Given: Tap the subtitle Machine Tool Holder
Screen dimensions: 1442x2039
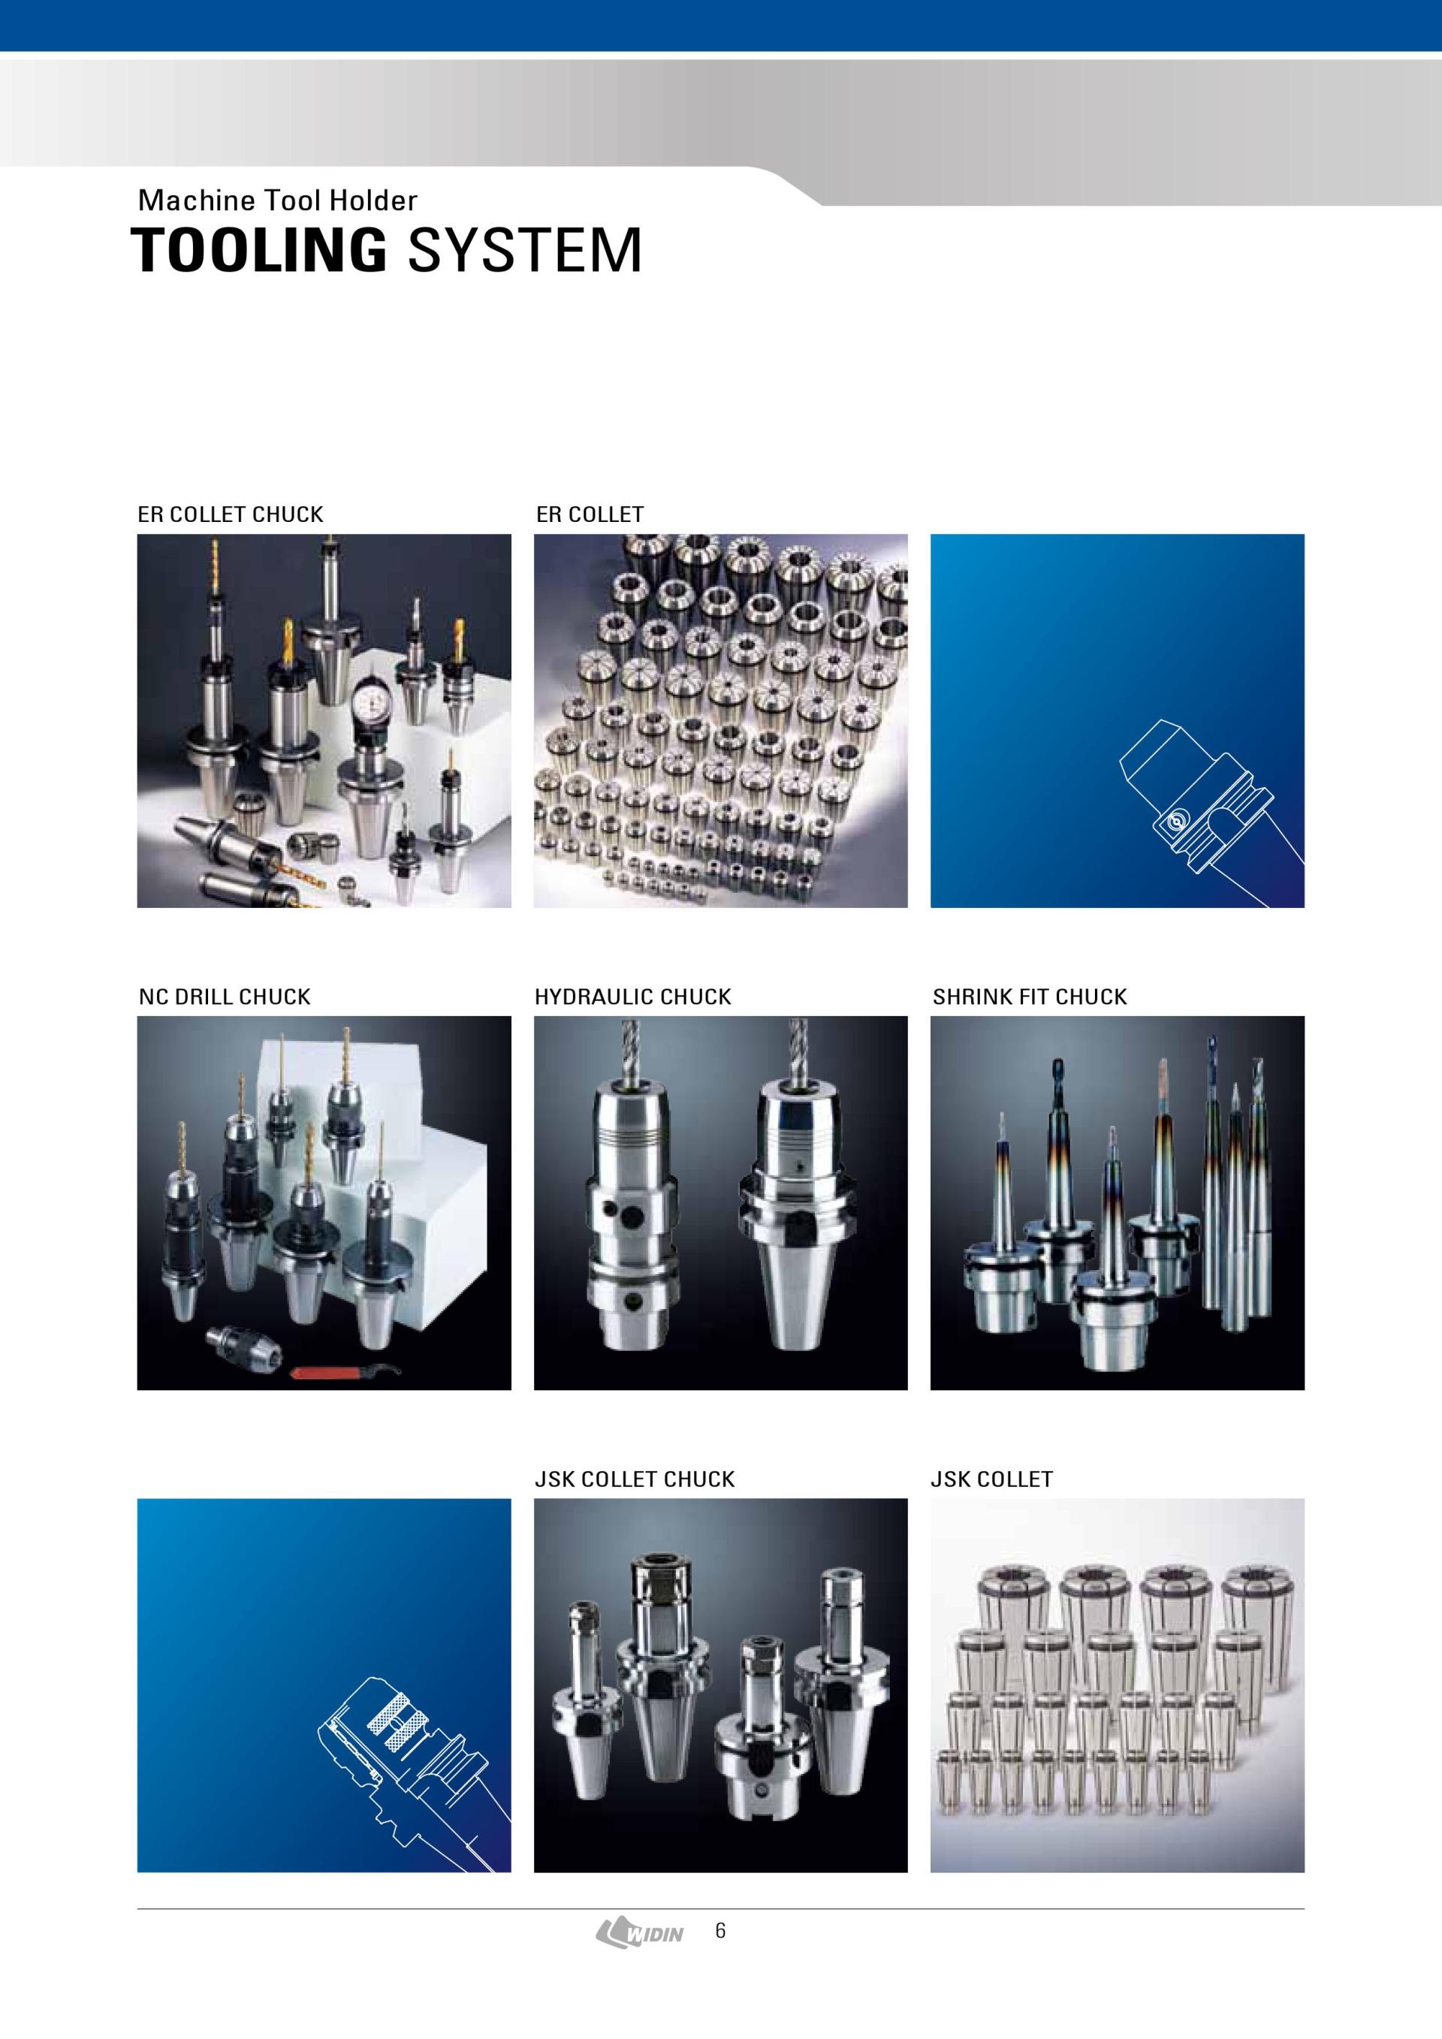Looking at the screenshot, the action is click(x=277, y=201).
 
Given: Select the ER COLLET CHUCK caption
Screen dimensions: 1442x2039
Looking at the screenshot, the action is click(x=230, y=514).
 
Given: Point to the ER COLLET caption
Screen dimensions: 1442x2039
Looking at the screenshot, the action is click(x=590, y=514).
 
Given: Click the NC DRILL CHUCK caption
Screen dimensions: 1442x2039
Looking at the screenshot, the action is click(x=225, y=997).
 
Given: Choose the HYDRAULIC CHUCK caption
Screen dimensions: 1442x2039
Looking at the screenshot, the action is click(x=633, y=997).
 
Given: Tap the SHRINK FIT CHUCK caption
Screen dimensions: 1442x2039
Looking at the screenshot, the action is click(x=1029, y=997).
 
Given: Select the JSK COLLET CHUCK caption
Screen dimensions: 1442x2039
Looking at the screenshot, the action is click(x=635, y=1479).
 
